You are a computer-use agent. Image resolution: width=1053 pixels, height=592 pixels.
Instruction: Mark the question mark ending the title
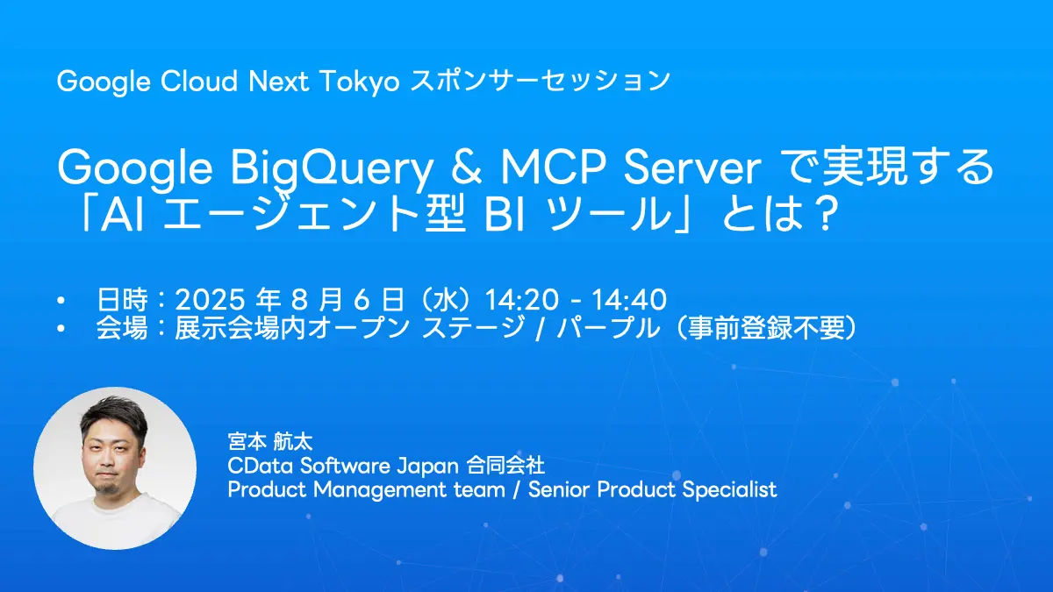tap(818, 217)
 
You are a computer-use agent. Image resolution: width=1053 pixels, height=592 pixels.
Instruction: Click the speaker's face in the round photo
tap(114, 456)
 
